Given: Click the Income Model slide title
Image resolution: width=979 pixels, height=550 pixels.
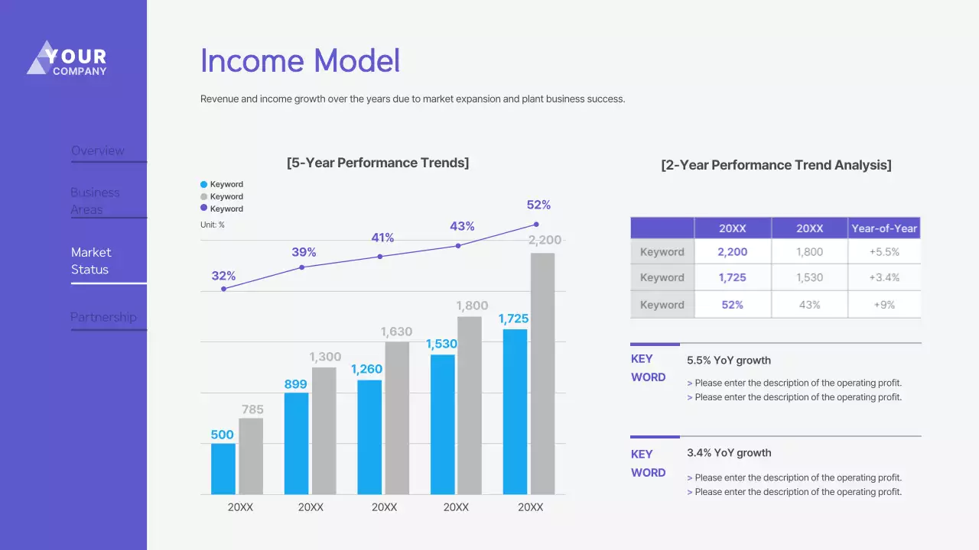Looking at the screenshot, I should [300, 61].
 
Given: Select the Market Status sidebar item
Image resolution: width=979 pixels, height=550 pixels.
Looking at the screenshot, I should [91, 260].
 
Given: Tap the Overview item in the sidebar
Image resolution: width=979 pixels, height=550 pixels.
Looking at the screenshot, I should [98, 150].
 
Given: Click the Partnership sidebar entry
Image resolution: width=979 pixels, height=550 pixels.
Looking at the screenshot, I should [103, 317].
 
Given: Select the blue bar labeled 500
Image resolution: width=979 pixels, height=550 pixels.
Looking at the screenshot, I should [223, 468].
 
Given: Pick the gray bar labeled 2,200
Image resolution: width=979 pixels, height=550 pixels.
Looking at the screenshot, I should [542, 373].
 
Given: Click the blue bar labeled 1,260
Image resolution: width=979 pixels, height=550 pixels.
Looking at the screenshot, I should [369, 436].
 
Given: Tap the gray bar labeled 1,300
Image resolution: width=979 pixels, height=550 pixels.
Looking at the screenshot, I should [324, 430].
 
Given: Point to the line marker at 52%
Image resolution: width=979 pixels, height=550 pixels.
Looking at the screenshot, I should [536, 225].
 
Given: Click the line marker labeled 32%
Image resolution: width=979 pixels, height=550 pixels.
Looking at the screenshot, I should [224, 289].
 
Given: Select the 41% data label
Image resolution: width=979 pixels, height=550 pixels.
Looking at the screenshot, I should [382, 238].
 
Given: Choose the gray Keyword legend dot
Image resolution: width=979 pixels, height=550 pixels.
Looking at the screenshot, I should [203, 196].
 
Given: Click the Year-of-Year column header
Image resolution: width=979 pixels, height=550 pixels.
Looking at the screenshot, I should [884, 228].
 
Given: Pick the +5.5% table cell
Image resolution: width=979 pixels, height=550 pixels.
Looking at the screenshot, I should [884, 251].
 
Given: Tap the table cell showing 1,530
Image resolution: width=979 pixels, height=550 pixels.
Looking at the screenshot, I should [809, 278].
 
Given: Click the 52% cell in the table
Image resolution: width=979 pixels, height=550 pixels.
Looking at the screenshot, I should [732, 305].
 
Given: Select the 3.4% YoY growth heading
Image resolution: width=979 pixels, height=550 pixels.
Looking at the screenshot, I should [729, 453].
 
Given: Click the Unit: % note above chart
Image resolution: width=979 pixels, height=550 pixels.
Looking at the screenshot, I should [213, 225].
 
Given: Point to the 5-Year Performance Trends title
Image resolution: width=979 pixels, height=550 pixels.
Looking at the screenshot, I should [378, 163].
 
